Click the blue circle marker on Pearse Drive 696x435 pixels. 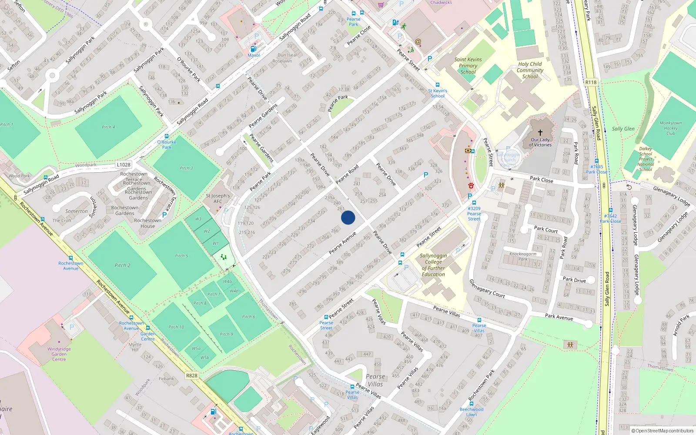pyautogui.click(x=348, y=217)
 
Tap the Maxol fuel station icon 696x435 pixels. pyautogui.click(x=253, y=49)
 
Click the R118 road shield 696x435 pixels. pyautogui.click(x=591, y=82)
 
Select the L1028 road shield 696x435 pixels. pyautogui.click(x=124, y=164)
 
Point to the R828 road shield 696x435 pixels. pyautogui.click(x=191, y=375)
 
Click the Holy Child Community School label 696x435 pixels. pyautogui.click(x=530, y=70)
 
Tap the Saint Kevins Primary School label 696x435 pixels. pyautogui.click(x=468, y=66)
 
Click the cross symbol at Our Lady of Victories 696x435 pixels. pyautogui.click(x=540, y=133)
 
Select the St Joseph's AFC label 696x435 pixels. pyautogui.click(x=217, y=198)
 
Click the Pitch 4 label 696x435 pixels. pyautogui.click(x=108, y=127)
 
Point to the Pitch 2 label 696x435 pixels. pyautogui.click(x=122, y=265)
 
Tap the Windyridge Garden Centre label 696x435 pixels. pyautogui.click(x=59, y=354)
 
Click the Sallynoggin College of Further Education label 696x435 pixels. pyautogui.click(x=433, y=265)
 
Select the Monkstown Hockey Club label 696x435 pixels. pyautogui.click(x=670, y=128)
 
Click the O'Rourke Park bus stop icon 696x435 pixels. pyautogui.click(x=167, y=136)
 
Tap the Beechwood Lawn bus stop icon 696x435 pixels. pyautogui.click(x=472, y=404)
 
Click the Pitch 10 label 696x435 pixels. pyautogui.click(x=176, y=327)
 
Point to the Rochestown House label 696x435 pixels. pyautogui.click(x=147, y=223)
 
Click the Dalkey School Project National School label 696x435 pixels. pyautogui.click(x=646, y=159)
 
